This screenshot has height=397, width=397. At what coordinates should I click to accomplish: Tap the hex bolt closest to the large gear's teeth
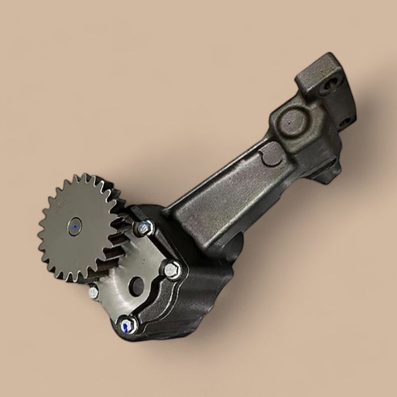click(144, 227)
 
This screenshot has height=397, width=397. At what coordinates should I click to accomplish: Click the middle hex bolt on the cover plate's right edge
click(172, 271)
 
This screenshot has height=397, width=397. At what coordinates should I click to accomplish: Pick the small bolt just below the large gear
click(93, 293)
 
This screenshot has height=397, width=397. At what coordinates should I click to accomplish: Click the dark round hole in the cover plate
click(137, 285)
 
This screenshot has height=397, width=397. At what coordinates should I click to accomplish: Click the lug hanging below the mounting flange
click(329, 170)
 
